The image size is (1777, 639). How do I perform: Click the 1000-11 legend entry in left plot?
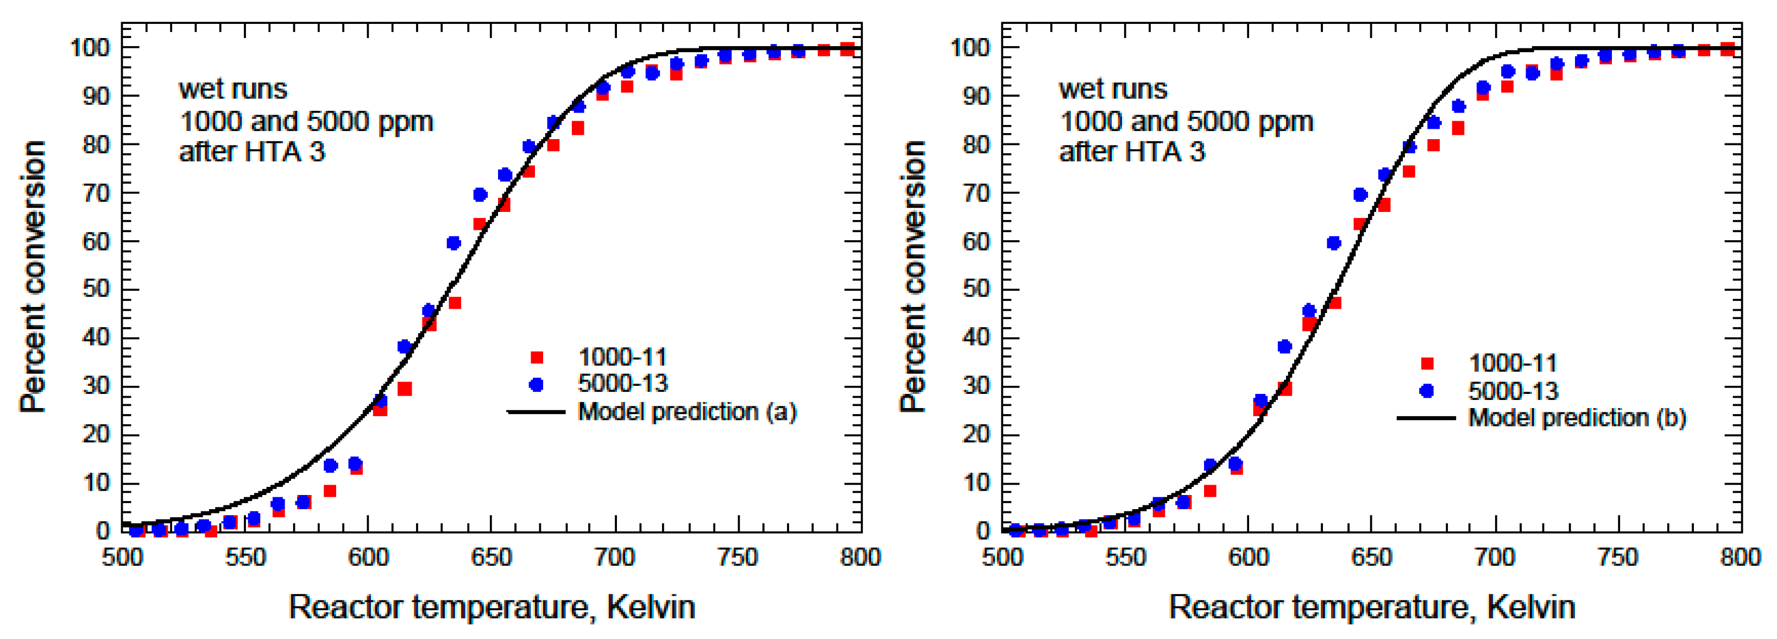(x=621, y=357)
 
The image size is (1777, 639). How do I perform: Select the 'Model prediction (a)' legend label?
(x=687, y=411)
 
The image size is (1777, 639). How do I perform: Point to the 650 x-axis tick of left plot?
(x=491, y=556)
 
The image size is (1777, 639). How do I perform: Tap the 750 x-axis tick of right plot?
(x=1618, y=556)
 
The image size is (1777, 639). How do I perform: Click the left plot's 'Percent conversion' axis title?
(x=33, y=276)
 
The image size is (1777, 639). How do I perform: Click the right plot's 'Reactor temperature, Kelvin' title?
(x=1371, y=607)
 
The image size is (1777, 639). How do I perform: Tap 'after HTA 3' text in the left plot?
(x=252, y=152)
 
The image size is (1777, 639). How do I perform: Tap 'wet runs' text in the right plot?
(x=1113, y=89)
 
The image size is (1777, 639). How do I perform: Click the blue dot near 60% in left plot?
(x=453, y=243)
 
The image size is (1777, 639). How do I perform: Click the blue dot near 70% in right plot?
(x=1360, y=195)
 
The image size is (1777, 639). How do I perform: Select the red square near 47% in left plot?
(x=455, y=303)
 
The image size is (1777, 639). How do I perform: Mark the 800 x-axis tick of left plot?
(x=860, y=556)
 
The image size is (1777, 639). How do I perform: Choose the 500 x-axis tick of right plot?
(x=1003, y=556)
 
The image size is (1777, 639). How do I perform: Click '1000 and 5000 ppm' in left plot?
(x=306, y=122)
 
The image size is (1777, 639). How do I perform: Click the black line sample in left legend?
(x=536, y=412)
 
